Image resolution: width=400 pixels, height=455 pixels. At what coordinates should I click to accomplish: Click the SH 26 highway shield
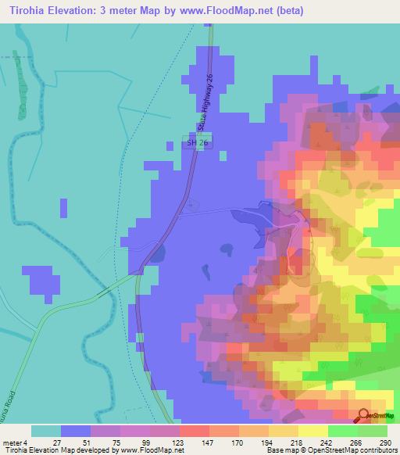pyautogui.click(x=197, y=143)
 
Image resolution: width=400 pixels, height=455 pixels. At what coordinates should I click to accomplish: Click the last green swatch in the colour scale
pyautogui.click(x=373, y=431)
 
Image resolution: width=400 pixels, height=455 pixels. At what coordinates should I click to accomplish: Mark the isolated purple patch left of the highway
pyautogui.click(x=41, y=281)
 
